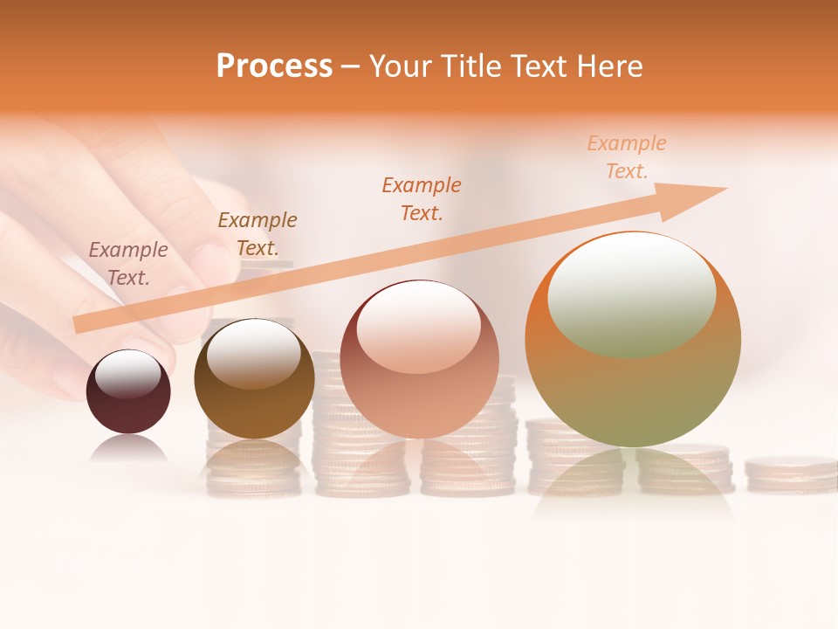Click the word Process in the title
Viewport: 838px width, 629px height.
pos(274,66)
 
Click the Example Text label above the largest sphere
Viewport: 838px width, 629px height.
pos(627,157)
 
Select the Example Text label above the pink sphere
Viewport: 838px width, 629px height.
pos(422,198)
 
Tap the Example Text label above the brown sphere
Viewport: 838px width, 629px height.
pos(258,234)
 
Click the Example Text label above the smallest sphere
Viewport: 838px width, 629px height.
pos(128,263)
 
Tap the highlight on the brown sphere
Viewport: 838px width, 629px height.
pos(254,351)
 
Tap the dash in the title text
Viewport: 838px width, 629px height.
pos(350,67)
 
